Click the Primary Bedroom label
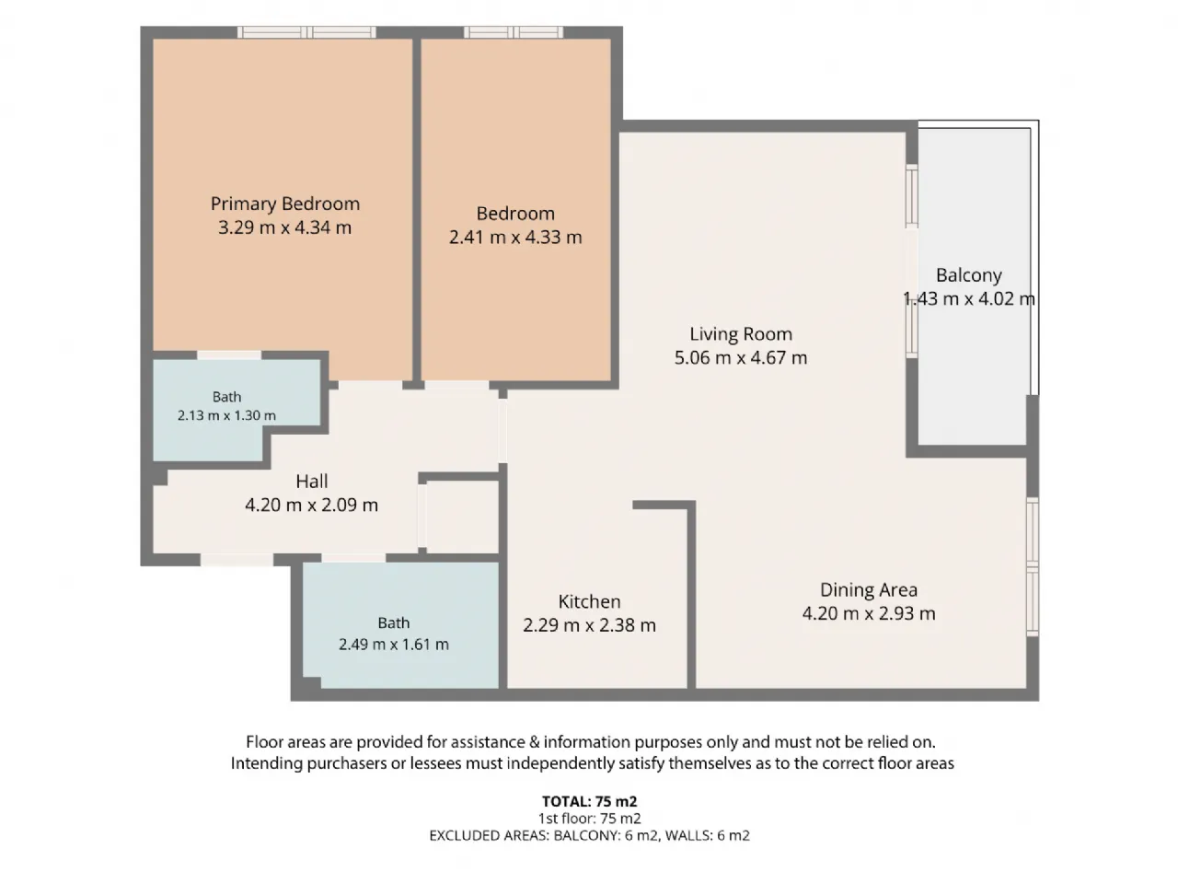285,204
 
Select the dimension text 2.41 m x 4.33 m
515,238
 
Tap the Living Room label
741,334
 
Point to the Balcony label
969,275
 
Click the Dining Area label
869,590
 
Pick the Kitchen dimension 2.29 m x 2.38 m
589,625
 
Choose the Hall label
312,482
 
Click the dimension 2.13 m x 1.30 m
226,415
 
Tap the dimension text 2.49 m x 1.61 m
393,644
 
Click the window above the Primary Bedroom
307,32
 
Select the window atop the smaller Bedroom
514,32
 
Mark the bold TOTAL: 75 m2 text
589,801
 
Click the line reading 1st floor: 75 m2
589,819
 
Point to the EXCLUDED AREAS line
589,836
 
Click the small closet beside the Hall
462,517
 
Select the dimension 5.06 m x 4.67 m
741,358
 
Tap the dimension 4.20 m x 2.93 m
869,613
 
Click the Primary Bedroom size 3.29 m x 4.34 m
285,227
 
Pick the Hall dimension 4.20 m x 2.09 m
312,505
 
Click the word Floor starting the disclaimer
265,742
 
